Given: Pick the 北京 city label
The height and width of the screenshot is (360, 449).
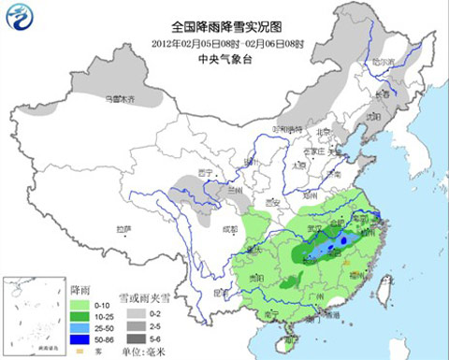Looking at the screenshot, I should pyautogui.click(x=324, y=132).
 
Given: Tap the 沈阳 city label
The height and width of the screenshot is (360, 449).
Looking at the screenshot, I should pyautogui.click(x=378, y=116).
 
